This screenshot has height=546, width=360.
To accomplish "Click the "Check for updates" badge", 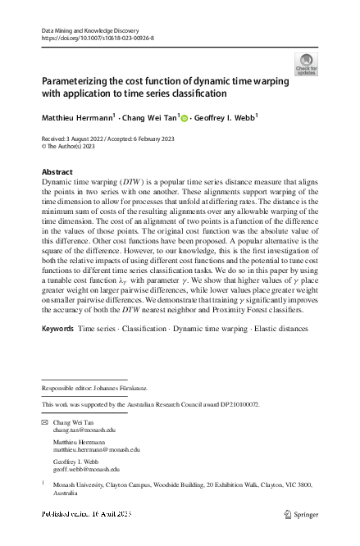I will (306, 64).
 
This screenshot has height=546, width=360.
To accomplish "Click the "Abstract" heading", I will (57, 171).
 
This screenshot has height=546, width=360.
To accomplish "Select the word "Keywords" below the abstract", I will (57, 329).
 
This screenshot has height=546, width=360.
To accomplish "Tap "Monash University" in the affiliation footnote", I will (80, 485).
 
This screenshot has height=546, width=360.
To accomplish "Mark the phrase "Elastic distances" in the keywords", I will (280, 329).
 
